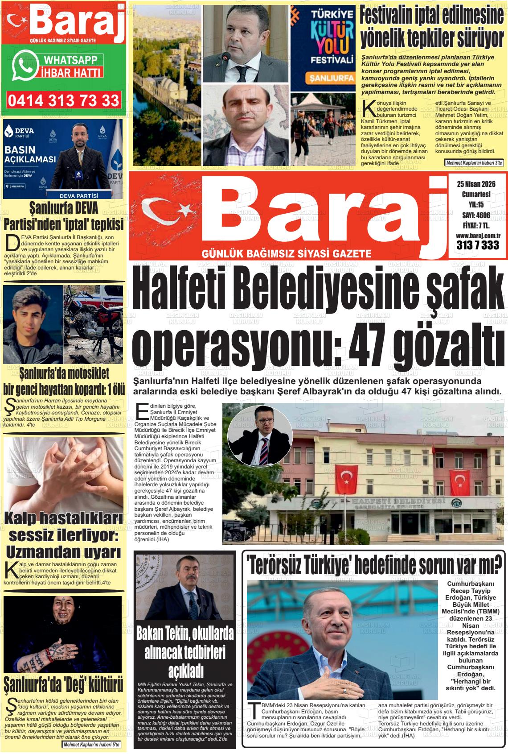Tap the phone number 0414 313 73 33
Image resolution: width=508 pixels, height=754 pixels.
click(64, 100)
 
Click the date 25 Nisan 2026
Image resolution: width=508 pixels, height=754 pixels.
click(476, 184)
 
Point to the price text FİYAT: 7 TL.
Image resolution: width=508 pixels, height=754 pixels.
click(476, 226)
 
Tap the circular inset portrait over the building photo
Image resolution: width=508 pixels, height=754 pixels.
click(260, 436)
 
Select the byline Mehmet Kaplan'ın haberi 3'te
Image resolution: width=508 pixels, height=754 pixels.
click(474, 163)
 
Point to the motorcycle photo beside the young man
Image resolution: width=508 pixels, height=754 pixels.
click(94, 324)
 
